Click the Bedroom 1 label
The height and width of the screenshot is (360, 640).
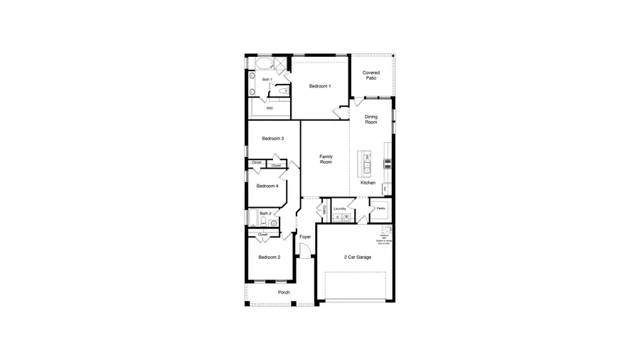pyautogui.click(x=319, y=86)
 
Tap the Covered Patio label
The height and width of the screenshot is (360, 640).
pyautogui.click(x=370, y=75)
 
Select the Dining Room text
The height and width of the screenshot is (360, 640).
pyautogui.click(x=371, y=120)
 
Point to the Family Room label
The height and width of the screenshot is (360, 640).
pyautogui.click(x=326, y=159)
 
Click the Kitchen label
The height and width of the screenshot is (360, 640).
pyautogui.click(x=368, y=183)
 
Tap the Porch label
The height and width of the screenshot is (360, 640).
pyautogui.click(x=284, y=292)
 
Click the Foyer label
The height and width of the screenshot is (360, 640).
pyautogui.click(x=305, y=237)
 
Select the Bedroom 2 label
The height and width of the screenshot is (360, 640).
pyautogui.click(x=269, y=257)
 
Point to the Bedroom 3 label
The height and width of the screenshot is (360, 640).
pyautogui.click(x=272, y=138)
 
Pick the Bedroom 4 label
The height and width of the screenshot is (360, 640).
pyautogui.click(x=267, y=186)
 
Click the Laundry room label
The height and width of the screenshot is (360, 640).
pyautogui.click(x=340, y=208)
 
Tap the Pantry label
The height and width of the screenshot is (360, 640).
pyautogui.click(x=380, y=208)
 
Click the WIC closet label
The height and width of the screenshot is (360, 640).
pyautogui.click(x=270, y=108)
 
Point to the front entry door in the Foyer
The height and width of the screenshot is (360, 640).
pyautogui.click(x=305, y=250)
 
